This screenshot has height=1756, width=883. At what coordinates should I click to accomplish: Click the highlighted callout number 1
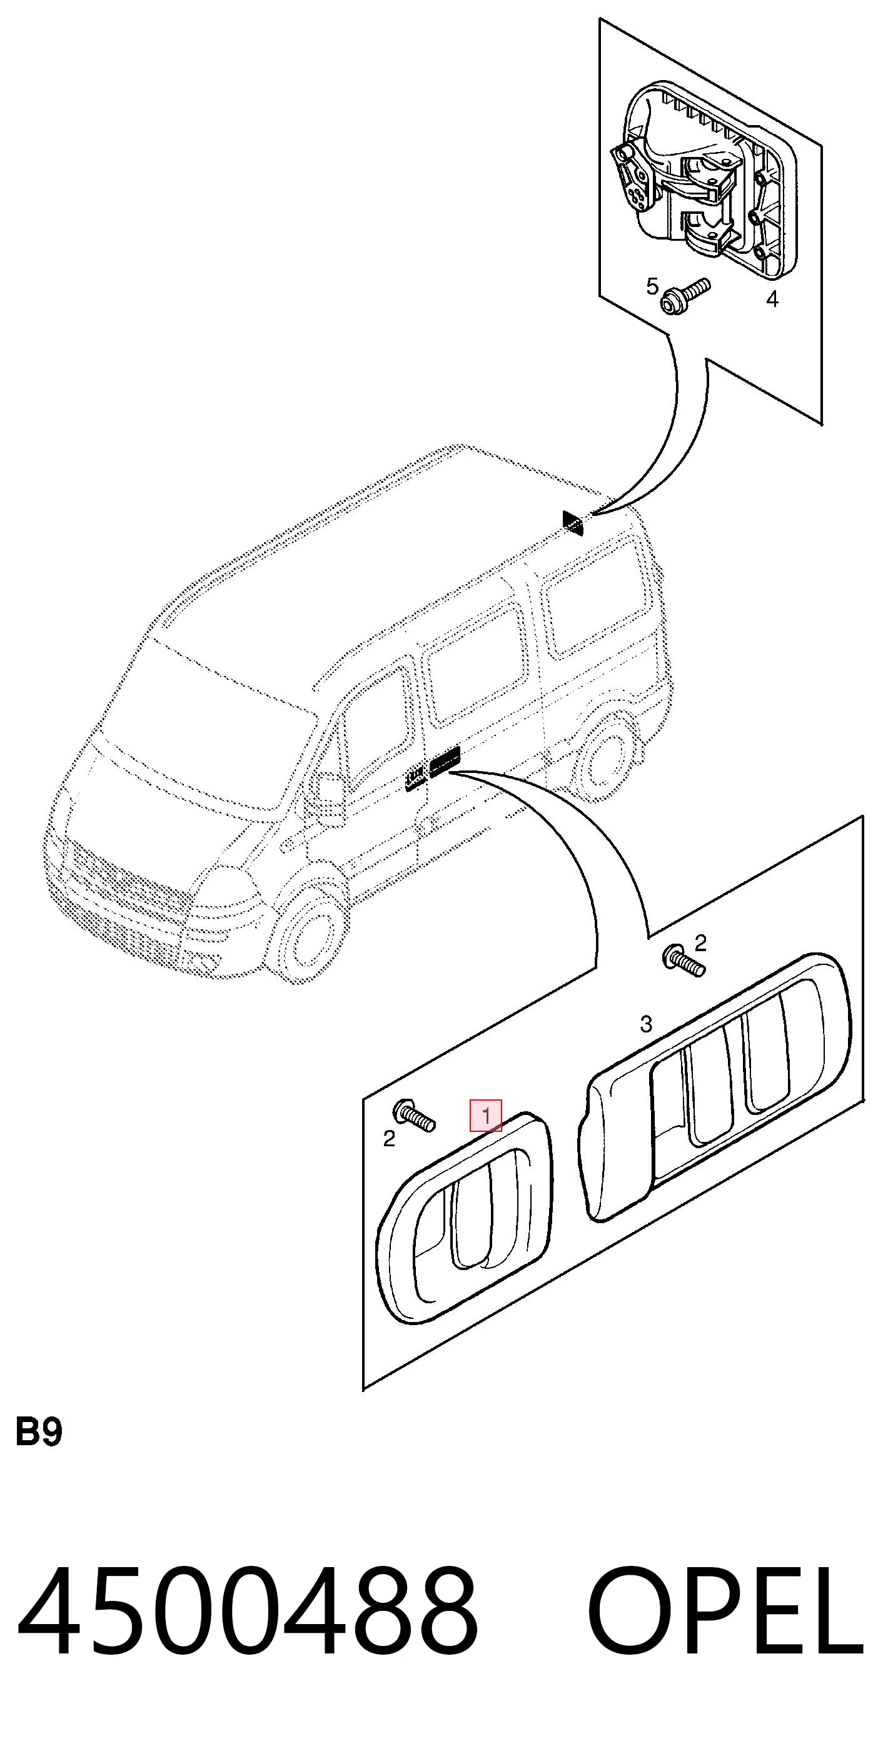485,1115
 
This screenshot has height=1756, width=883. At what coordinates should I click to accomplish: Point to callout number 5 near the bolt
652,286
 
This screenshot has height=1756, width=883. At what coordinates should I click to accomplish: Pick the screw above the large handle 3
684,961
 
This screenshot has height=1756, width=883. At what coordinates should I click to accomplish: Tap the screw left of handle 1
415,1116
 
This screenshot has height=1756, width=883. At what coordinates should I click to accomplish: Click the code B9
39,1431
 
